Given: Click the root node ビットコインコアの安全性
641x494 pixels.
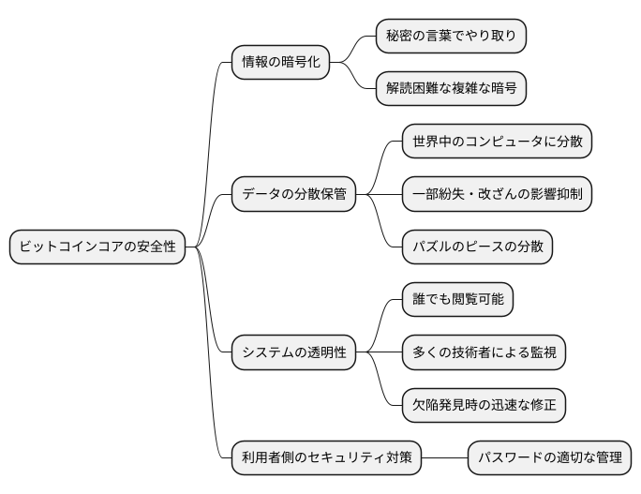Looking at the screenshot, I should (97, 247).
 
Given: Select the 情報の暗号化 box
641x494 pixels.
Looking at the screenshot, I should (280, 63).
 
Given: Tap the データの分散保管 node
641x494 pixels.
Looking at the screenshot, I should (293, 195).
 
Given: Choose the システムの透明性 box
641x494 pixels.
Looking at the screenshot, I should (293, 352).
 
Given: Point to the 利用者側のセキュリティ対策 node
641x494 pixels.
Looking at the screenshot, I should (326, 458).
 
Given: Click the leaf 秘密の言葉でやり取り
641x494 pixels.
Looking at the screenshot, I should (451, 37).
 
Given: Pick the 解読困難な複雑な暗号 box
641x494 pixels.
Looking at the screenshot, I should (451, 89).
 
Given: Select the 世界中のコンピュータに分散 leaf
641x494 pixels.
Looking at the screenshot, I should (498, 142).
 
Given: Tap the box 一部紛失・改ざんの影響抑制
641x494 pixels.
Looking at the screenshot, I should (498, 195).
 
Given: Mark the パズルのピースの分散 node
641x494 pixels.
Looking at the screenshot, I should (477, 247).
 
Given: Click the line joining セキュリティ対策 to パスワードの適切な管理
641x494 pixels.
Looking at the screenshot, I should (444, 458).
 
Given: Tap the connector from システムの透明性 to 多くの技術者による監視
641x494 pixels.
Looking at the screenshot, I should (379, 352).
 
